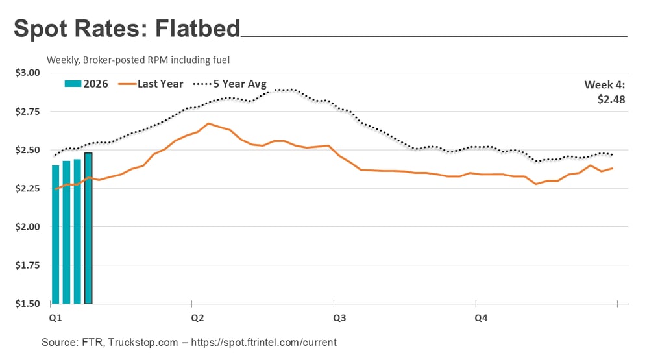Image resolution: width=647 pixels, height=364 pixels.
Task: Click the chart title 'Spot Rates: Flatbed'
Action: [x=127, y=29]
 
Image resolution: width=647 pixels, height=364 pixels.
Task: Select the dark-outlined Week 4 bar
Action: [x=88, y=228]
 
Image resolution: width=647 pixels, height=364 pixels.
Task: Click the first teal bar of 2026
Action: [x=56, y=234]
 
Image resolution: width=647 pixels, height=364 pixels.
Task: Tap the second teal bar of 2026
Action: [x=67, y=232]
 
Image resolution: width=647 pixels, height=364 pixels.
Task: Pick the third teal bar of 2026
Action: [x=77, y=232]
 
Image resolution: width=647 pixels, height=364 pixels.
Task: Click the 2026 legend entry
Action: [x=86, y=84]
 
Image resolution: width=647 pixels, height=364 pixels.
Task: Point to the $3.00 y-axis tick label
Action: [x=27, y=73]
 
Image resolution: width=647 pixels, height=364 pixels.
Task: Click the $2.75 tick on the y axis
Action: [x=27, y=112]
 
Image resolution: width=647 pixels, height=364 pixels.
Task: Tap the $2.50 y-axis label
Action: [x=27, y=150]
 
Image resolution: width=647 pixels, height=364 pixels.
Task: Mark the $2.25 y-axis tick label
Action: [x=27, y=189]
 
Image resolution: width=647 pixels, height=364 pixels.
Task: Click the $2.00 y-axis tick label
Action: [x=27, y=227]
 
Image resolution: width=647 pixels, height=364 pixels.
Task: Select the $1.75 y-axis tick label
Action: [x=27, y=266]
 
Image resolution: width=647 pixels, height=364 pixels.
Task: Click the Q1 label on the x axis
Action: [x=56, y=318]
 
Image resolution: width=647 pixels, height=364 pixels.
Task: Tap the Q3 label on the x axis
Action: [x=339, y=318]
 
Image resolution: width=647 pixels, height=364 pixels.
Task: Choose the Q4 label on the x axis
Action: [x=482, y=318]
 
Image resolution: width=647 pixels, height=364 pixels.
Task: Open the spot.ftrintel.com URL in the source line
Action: [x=269, y=342]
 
